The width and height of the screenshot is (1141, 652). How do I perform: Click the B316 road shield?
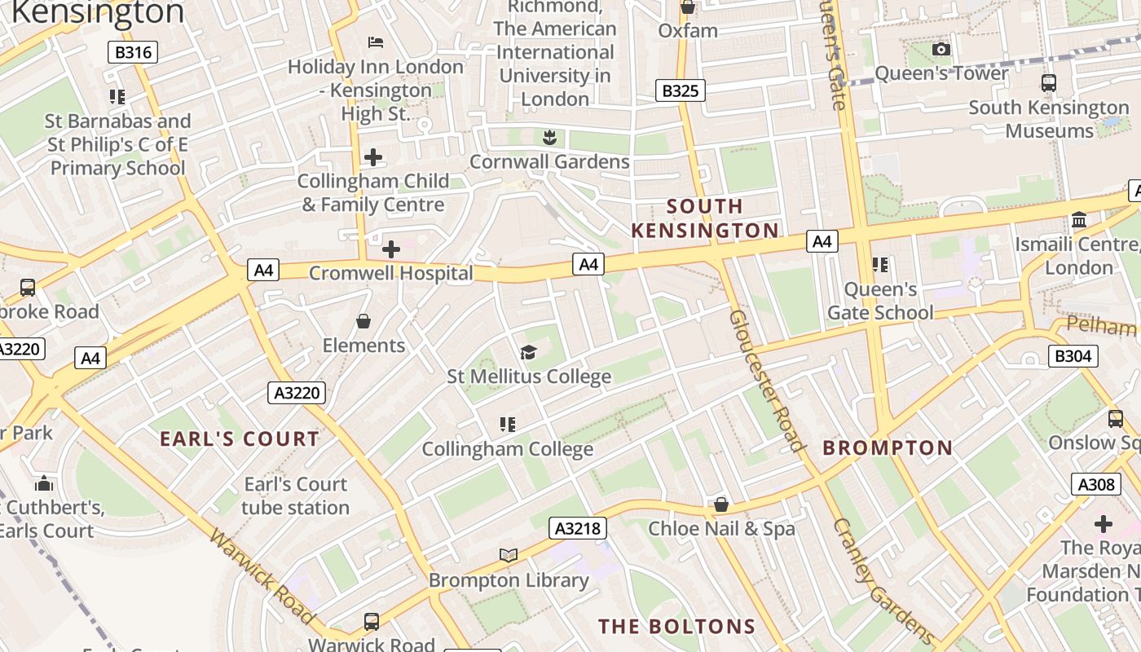[133, 53]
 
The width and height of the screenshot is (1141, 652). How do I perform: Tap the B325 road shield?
[680, 90]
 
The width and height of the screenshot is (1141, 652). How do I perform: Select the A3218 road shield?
[577, 528]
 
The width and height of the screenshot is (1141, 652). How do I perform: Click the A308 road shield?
[1095, 484]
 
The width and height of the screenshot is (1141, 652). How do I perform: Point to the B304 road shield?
[1073, 355]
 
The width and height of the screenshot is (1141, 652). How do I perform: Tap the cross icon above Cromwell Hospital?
[391, 249]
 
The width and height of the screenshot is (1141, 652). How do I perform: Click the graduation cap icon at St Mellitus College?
[529, 353]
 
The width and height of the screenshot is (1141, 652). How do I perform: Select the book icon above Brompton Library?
[509, 556]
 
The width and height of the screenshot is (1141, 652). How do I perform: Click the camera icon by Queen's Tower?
[941, 50]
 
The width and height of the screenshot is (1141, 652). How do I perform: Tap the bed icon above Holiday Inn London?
[376, 42]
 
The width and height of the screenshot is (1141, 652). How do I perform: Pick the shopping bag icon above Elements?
[363, 322]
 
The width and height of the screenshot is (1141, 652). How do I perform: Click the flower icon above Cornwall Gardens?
[549, 137]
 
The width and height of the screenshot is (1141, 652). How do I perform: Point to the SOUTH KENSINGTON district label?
[705, 218]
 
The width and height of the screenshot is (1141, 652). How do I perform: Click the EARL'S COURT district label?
[240, 439]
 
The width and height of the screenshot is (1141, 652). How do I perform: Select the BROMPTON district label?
[888, 447]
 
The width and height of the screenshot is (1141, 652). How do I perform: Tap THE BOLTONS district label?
[676, 627]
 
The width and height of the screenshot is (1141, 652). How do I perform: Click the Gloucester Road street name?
[765, 379]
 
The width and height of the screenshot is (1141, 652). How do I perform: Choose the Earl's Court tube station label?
[295, 496]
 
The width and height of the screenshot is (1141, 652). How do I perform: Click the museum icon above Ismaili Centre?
[1080, 220]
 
